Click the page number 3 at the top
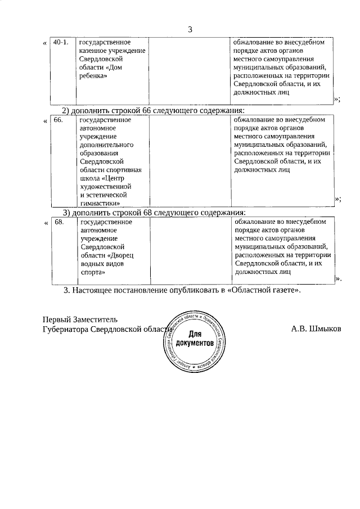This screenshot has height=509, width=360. (x=190, y=30)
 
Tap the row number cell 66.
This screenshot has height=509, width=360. (x=57, y=120)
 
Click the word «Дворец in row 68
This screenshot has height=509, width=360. (x=120, y=255)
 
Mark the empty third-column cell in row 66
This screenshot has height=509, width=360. (x=190, y=160)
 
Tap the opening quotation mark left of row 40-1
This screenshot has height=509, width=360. (x=45, y=43)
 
